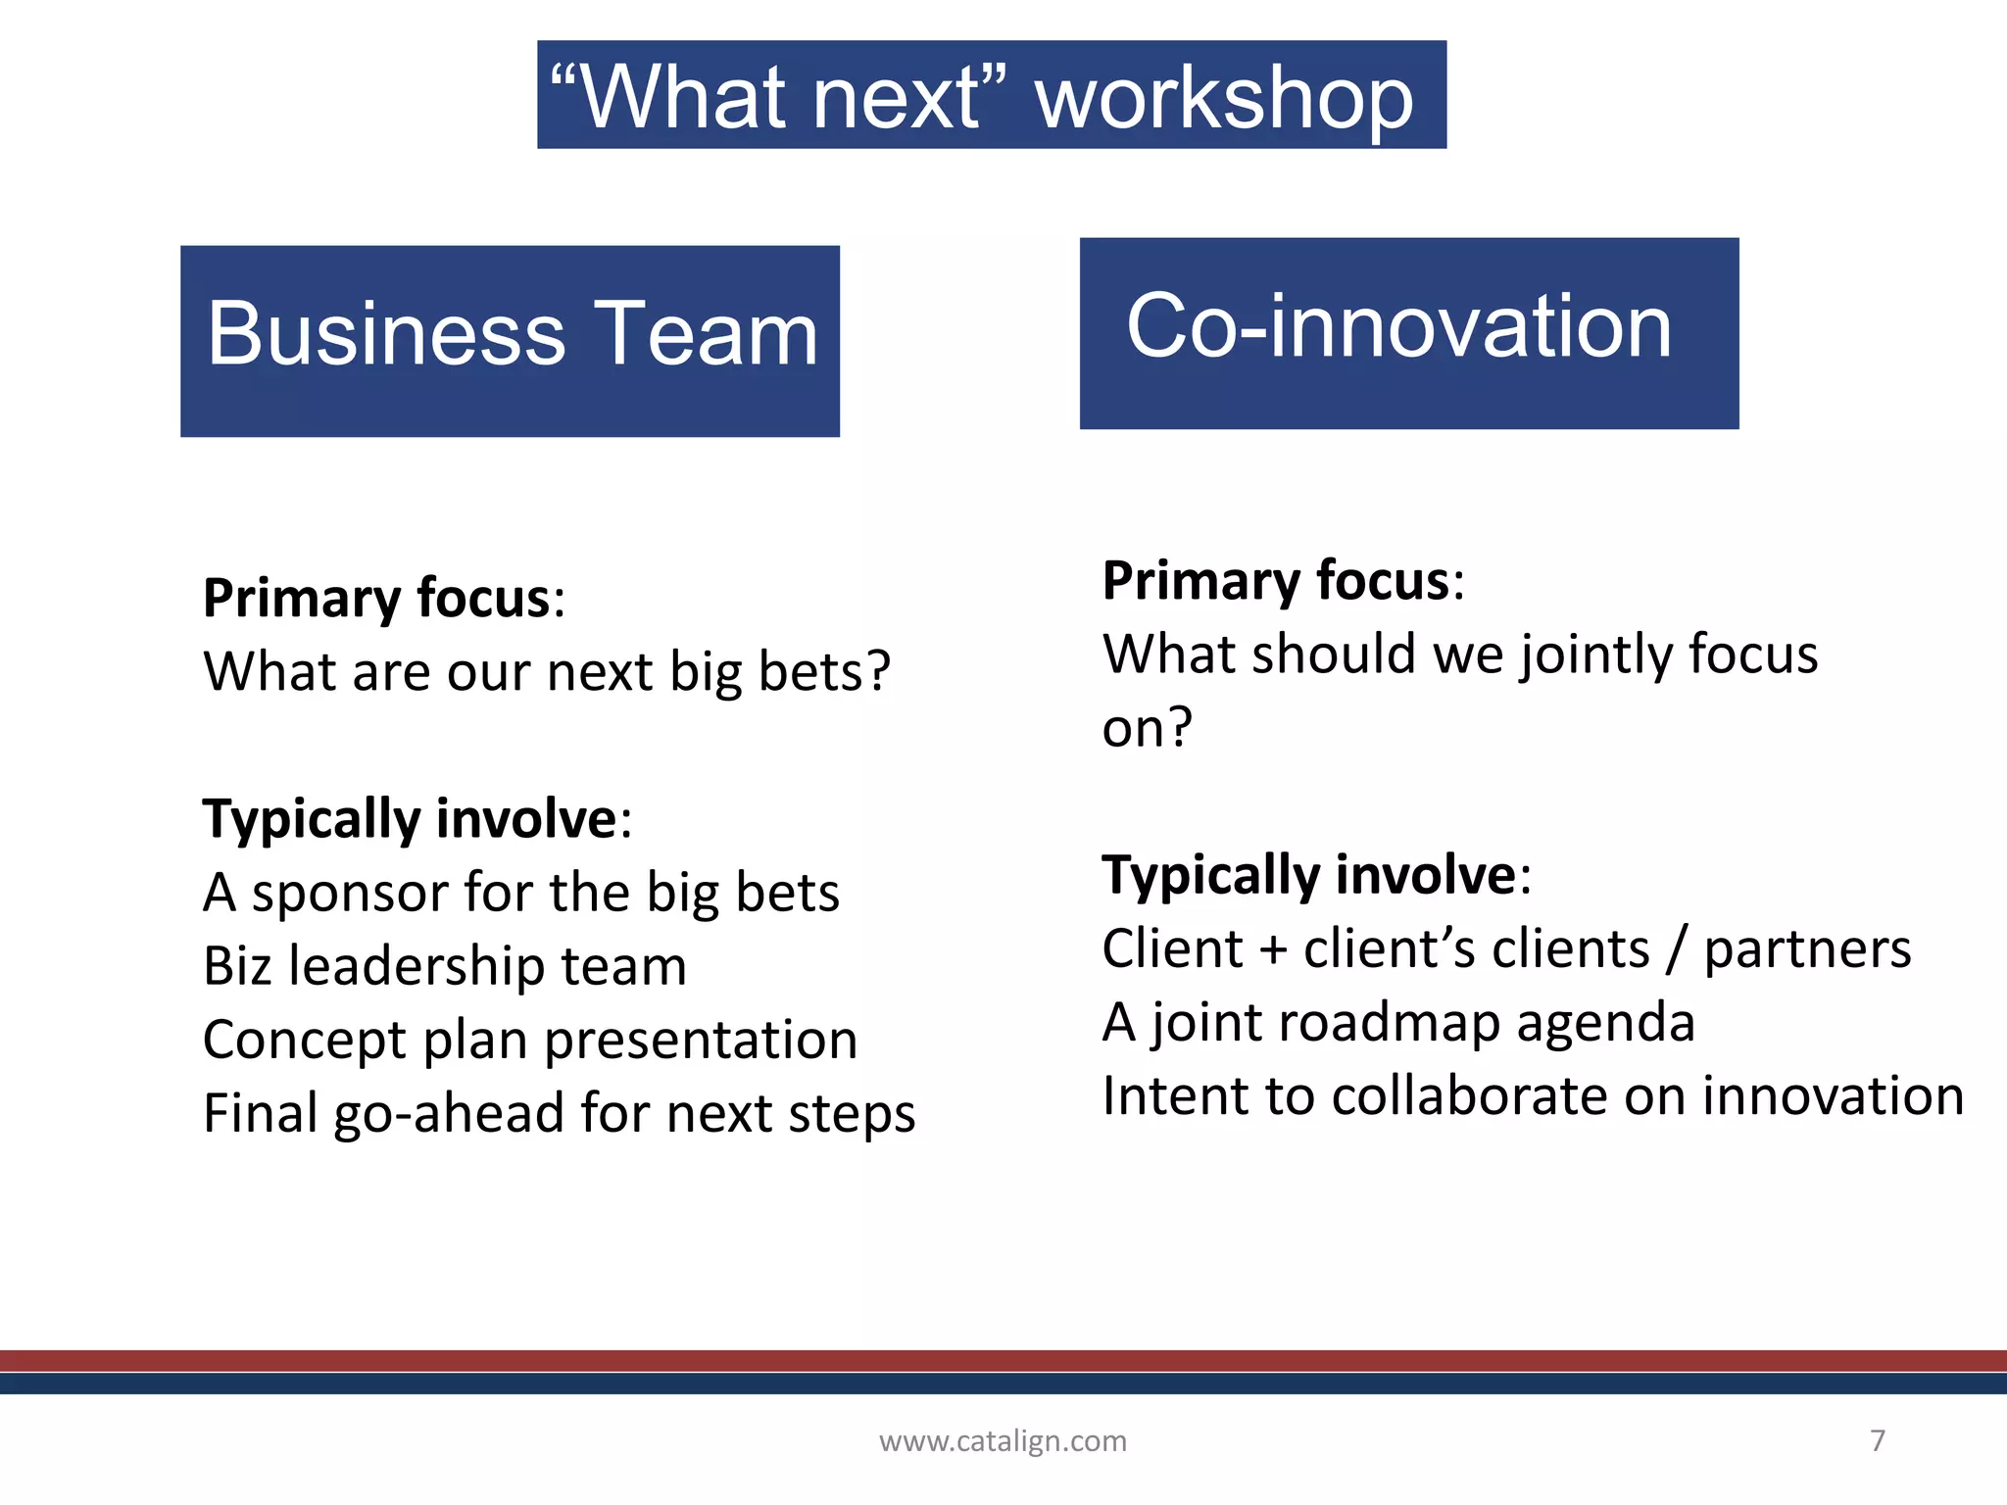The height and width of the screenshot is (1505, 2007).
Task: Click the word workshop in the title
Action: click(1224, 98)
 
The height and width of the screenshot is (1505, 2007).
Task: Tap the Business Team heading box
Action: click(510, 340)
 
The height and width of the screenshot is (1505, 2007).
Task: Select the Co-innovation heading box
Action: click(1408, 332)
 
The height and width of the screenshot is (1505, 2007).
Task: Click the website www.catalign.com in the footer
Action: click(1003, 1440)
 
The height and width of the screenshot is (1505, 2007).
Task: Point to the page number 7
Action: click(1877, 1439)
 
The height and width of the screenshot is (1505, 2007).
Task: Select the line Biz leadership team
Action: click(445, 966)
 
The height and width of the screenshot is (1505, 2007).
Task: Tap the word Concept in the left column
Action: click(303, 1041)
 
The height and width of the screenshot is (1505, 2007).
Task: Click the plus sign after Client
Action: click(1272, 950)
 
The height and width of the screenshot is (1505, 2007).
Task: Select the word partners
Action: click(1807, 950)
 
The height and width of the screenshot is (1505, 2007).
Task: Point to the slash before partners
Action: click(1678, 948)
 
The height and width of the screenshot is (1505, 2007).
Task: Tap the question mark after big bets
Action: click(878, 672)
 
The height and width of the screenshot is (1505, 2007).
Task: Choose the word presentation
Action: click(701, 1041)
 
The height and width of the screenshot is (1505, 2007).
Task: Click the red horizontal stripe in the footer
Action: click(1003, 1360)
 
